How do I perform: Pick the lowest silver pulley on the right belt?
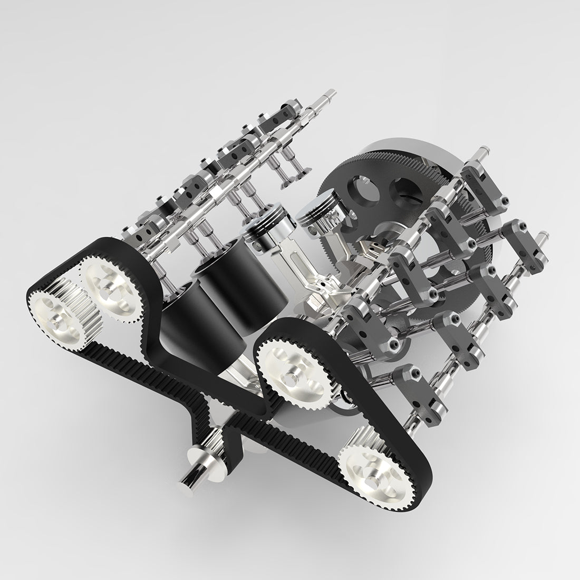click(x=371, y=474)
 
